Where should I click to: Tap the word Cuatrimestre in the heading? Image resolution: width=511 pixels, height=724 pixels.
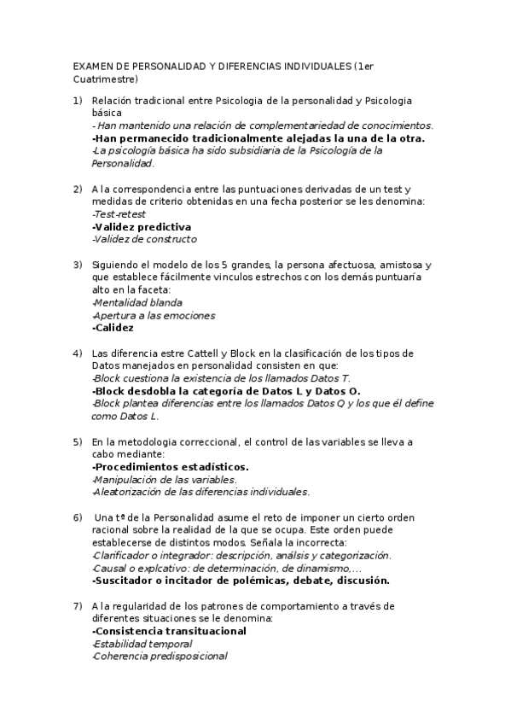coord(98,79)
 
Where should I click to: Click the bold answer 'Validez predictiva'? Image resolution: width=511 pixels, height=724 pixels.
coord(141,227)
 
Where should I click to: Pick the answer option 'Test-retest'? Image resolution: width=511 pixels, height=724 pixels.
coord(119,214)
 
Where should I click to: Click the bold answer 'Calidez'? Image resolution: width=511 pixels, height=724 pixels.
coord(112,328)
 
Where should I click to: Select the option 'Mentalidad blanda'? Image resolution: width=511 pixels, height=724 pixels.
coord(136,303)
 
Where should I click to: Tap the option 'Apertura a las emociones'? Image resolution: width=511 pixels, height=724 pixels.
coord(153,315)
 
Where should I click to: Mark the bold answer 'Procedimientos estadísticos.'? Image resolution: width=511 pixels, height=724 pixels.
coord(170,467)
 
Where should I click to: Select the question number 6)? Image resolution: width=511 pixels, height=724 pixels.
coord(77,518)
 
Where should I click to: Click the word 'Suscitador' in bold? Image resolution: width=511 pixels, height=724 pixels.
coord(124,580)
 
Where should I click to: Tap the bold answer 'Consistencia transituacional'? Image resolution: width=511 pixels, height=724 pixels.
coord(169,631)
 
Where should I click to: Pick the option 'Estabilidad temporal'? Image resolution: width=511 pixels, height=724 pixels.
coord(142,644)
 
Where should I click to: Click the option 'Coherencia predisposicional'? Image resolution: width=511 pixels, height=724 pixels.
coord(159,656)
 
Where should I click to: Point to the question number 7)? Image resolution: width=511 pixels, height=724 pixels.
coord(77,606)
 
